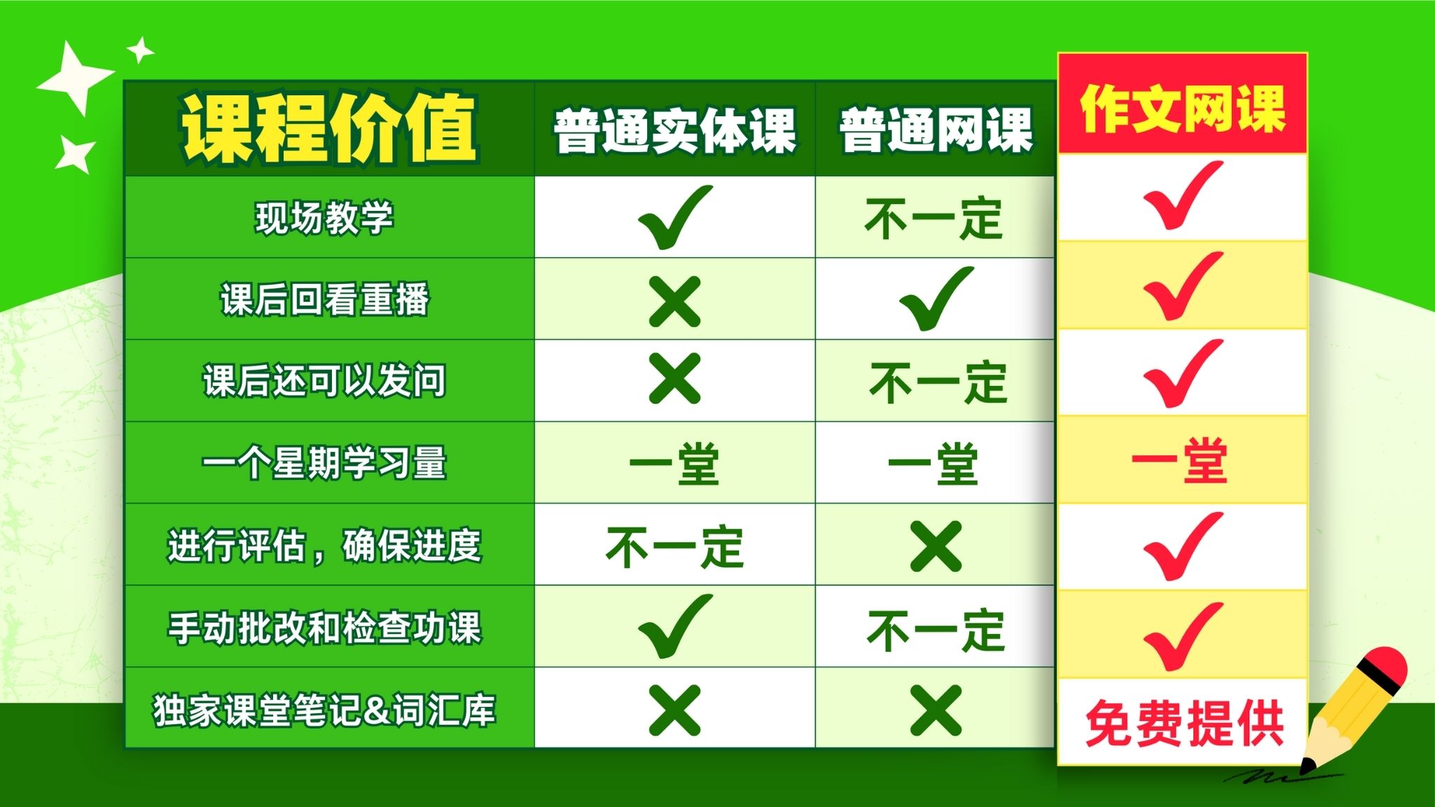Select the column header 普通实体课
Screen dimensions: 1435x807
[x=675, y=130]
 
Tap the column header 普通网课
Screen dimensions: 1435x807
[x=936, y=130]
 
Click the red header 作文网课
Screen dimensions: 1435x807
[x=1183, y=109]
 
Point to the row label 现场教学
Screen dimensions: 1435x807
[x=324, y=217]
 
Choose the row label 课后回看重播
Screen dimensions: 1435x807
[x=324, y=299]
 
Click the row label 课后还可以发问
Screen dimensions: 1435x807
[x=324, y=381]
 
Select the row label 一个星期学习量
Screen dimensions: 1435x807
[x=324, y=463]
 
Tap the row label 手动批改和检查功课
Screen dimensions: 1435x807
[x=324, y=627]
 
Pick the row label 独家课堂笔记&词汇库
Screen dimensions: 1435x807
[x=324, y=709]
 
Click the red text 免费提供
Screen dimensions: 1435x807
[x=1184, y=723]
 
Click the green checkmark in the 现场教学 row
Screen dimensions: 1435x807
[x=675, y=217]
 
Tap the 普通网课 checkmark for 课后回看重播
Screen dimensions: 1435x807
[x=936, y=298]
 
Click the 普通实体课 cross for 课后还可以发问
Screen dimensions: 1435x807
[x=674, y=379]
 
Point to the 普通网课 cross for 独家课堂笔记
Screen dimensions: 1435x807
[x=936, y=710]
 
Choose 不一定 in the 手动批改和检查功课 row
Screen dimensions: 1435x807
[x=936, y=630]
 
